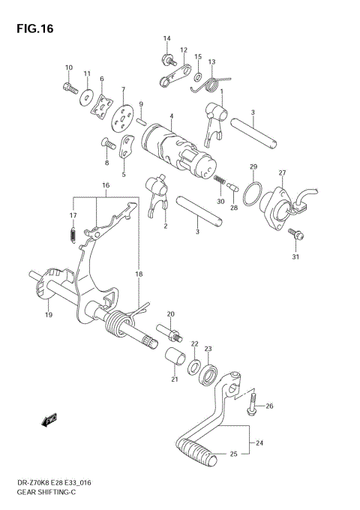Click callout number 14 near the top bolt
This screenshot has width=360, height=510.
coord(166,38)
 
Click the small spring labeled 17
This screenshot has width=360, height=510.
coord(72,235)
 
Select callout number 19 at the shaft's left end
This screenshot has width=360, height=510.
coord(49,316)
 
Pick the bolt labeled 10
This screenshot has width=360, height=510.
coord(70,88)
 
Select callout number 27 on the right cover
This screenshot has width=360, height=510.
coord(282,173)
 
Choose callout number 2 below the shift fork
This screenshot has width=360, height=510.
coord(165,226)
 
